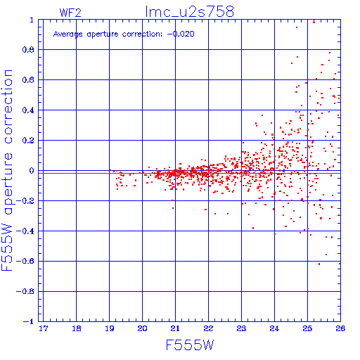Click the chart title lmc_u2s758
(x=190, y=11)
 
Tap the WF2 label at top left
(x=70, y=13)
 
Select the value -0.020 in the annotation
(x=181, y=34)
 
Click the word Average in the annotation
(x=68, y=34)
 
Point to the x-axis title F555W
(x=190, y=345)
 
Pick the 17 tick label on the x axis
(x=44, y=328)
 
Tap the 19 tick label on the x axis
(x=110, y=328)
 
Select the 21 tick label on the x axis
(x=175, y=328)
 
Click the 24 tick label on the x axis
(x=274, y=328)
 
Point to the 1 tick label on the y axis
(x=32, y=20)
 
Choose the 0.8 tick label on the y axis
(x=28, y=50)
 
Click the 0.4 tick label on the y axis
(x=28, y=110)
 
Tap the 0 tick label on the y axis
(x=32, y=171)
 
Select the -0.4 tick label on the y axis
(x=25, y=231)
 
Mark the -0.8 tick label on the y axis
(x=25, y=292)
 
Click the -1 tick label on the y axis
(x=28, y=321)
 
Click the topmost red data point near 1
(x=314, y=22)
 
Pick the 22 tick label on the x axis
(x=208, y=328)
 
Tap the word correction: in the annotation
(x=142, y=34)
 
